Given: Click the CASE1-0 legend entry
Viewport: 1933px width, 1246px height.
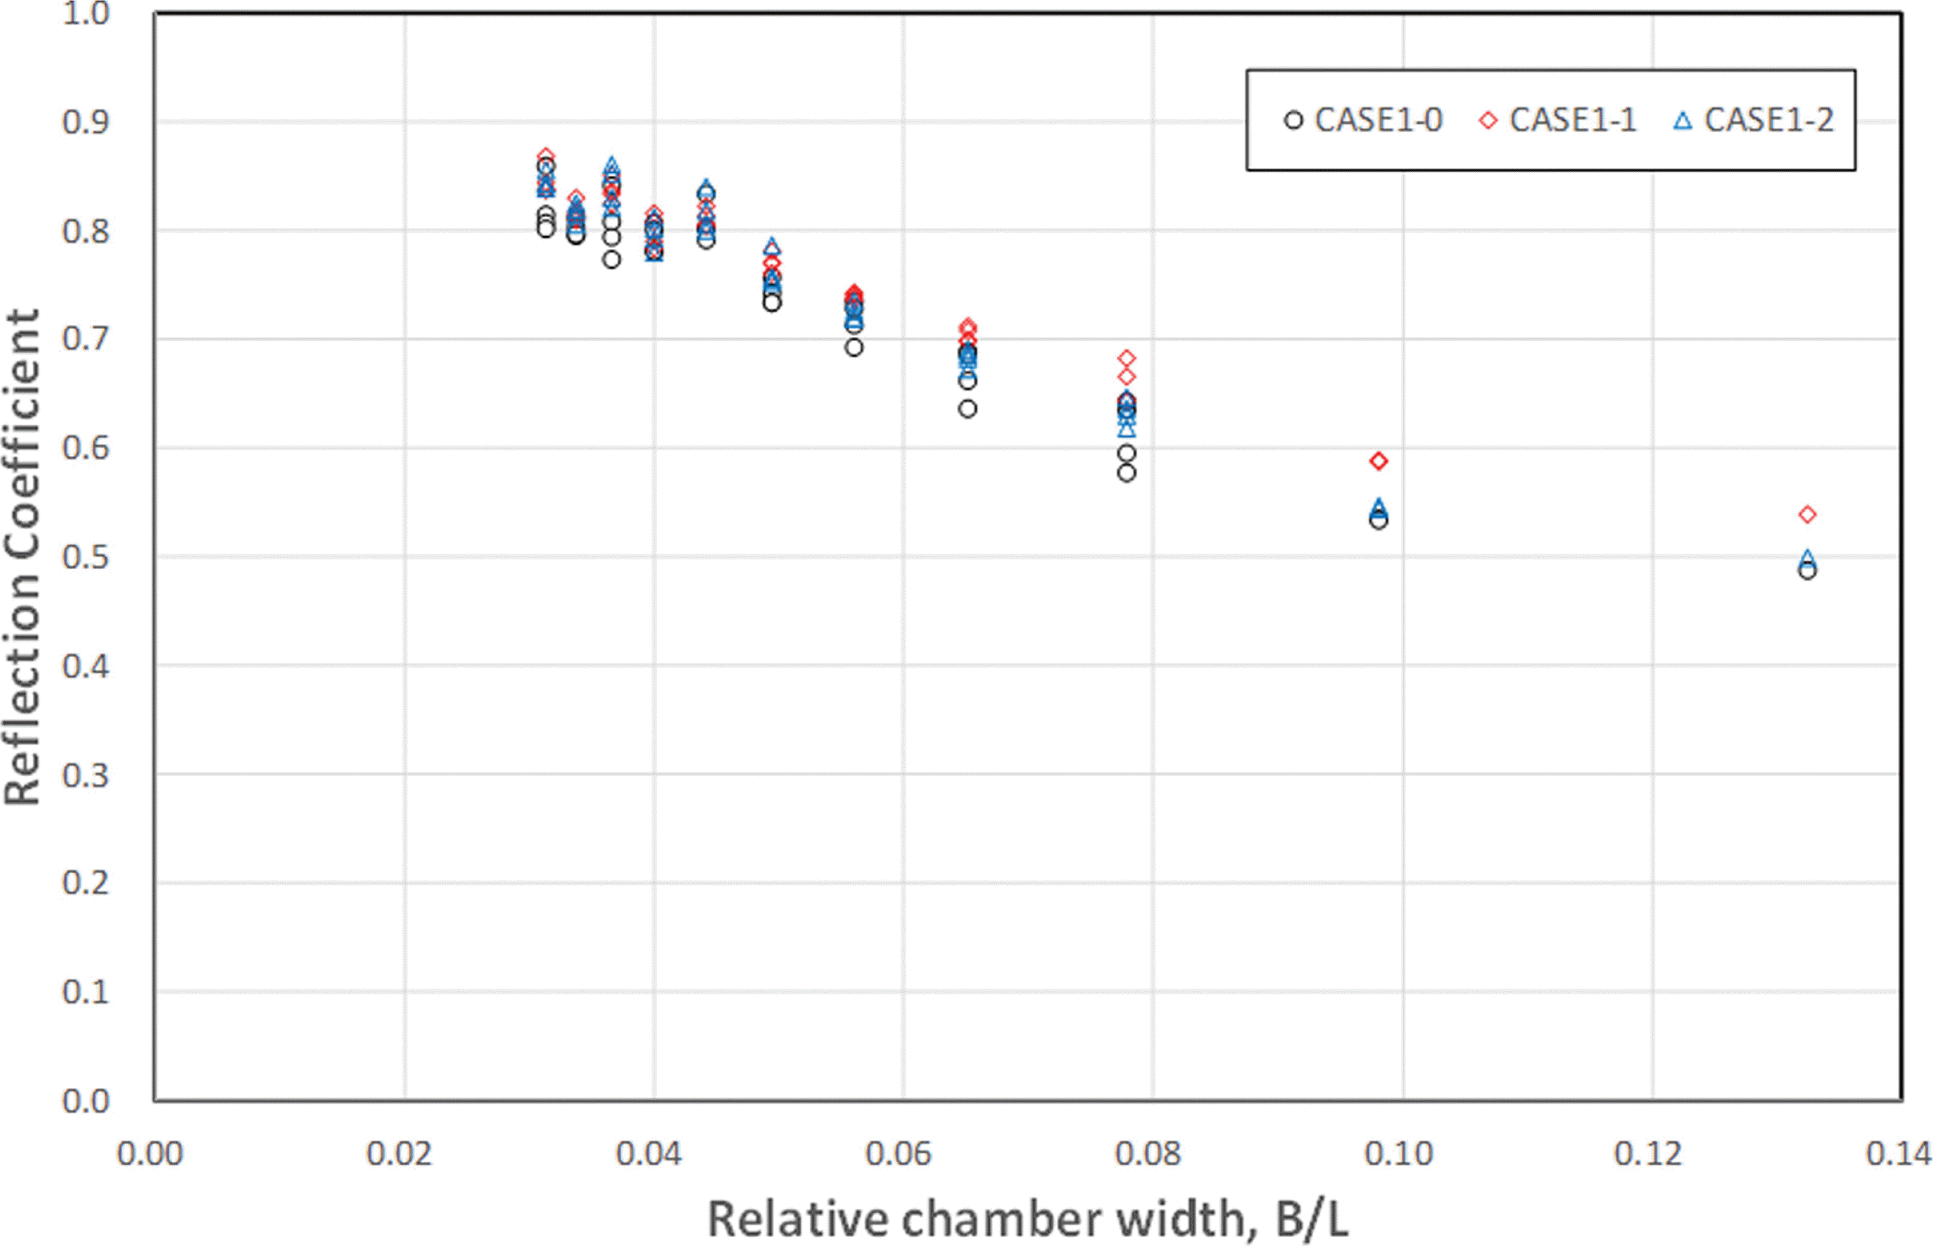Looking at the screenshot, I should [x=1363, y=121].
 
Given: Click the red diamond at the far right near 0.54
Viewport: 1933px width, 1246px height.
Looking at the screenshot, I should [x=1808, y=515].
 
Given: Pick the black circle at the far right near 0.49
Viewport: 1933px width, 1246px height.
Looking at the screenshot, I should [x=1808, y=571].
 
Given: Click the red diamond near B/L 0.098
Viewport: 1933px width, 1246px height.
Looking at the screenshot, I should [x=1379, y=461].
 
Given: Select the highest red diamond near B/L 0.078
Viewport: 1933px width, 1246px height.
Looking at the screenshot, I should [x=1126, y=358].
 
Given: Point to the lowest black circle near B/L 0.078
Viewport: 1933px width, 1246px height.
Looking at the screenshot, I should [x=1126, y=473].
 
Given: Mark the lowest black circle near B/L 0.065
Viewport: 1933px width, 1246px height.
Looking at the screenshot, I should [x=967, y=409].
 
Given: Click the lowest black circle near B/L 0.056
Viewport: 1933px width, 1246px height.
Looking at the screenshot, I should [x=853, y=348].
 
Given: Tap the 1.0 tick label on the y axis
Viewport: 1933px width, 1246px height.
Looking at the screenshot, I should [x=85, y=14].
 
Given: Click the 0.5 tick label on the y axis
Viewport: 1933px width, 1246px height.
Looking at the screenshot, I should [x=85, y=558].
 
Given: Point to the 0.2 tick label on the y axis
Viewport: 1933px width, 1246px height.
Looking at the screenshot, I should [x=85, y=884].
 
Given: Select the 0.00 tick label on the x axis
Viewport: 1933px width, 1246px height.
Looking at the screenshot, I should [x=150, y=1154].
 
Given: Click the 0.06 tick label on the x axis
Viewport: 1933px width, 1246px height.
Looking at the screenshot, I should [x=898, y=1154].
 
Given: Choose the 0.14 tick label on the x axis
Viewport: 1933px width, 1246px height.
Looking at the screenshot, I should [x=1898, y=1154].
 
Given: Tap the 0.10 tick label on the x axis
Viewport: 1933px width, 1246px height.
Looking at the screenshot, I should [x=1398, y=1154].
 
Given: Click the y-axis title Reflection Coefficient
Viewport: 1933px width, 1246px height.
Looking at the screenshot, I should [x=22, y=558].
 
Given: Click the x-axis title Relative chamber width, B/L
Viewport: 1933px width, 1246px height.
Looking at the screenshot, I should [x=1028, y=1219].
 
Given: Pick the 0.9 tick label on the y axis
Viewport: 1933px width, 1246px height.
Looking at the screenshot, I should [x=85, y=122].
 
